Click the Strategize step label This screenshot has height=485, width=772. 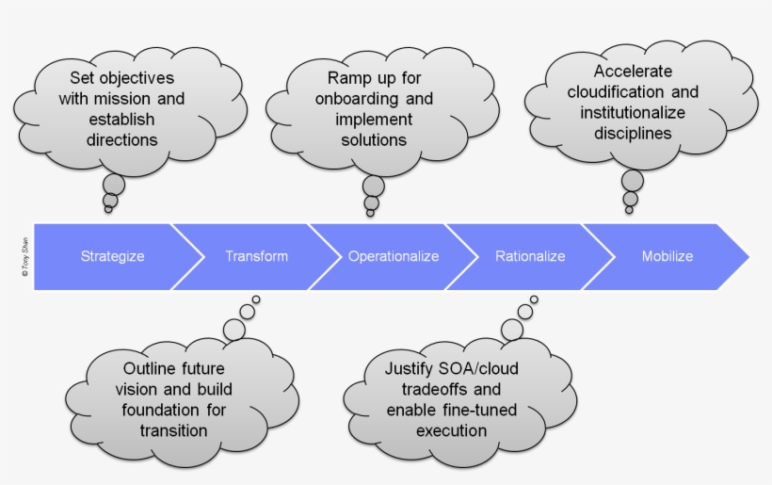[x=112, y=256]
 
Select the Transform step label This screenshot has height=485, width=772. [x=256, y=256]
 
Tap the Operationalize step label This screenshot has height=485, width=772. [x=394, y=256]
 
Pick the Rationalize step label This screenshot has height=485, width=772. [x=530, y=256]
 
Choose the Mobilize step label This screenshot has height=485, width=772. [x=667, y=256]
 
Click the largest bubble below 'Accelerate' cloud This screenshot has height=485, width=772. [x=633, y=181]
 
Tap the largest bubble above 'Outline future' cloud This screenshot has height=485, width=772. [x=234, y=329]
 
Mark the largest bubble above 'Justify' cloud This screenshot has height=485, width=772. [x=512, y=329]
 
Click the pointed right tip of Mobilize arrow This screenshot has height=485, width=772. [x=748, y=257]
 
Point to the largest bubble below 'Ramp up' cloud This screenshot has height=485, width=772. [x=374, y=186]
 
